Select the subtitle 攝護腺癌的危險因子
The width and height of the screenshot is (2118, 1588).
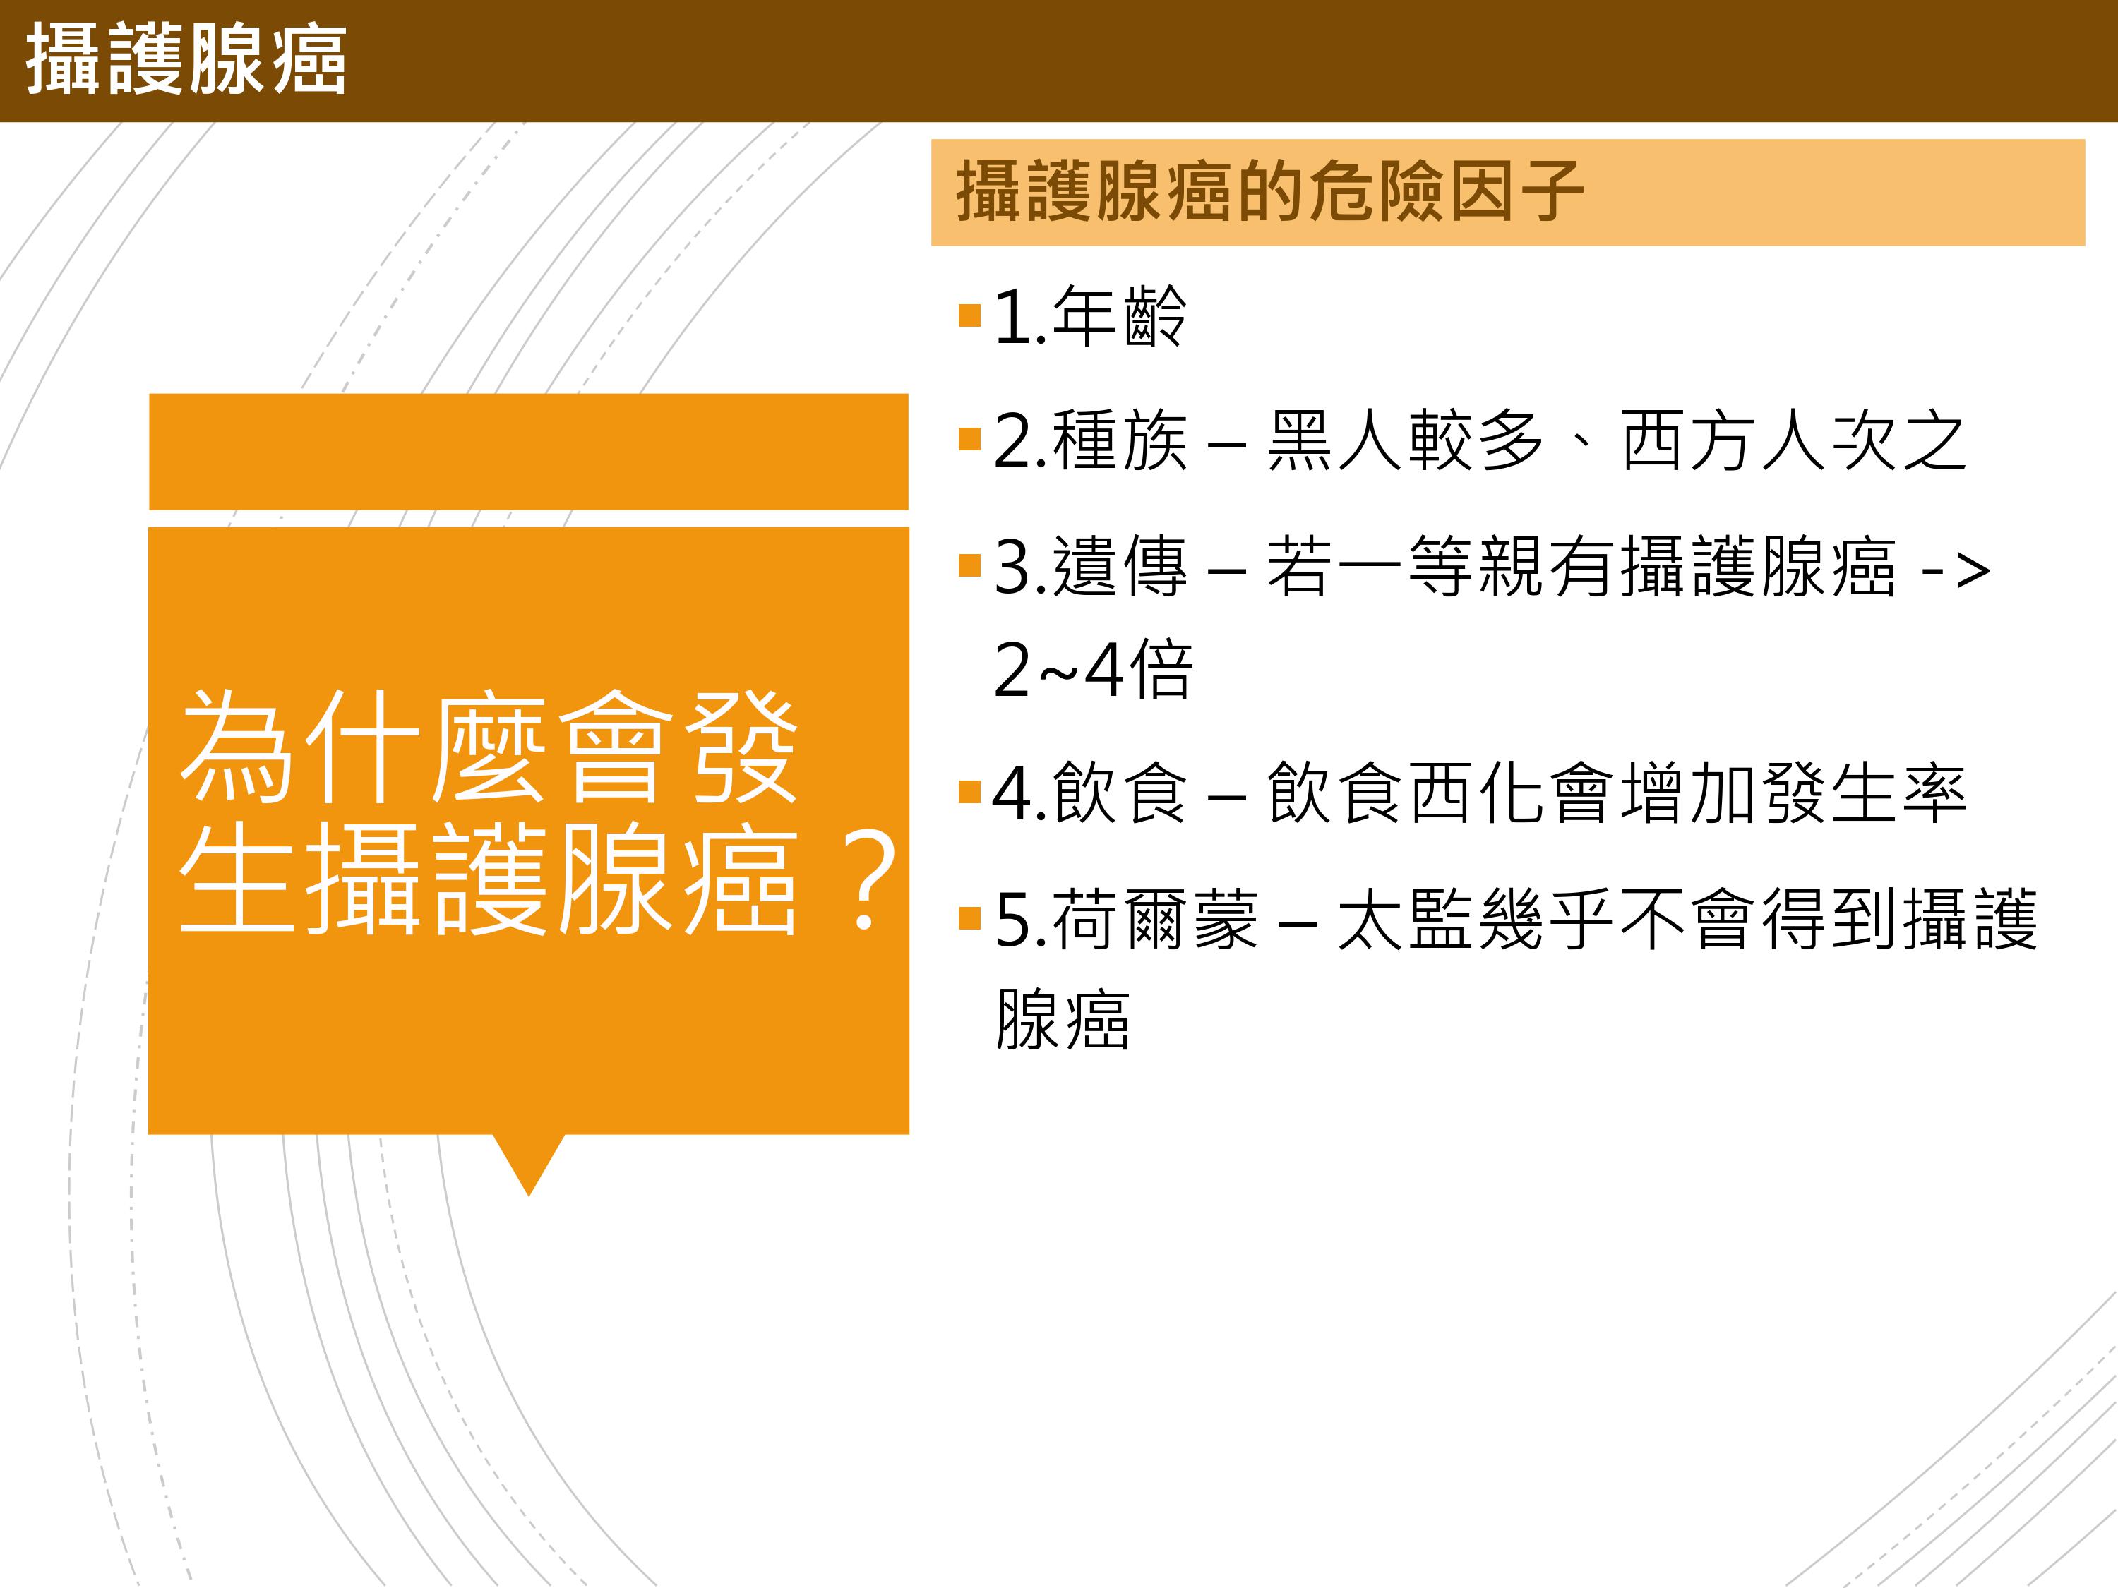pos(1269,191)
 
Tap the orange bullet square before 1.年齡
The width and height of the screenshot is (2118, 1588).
pos(970,315)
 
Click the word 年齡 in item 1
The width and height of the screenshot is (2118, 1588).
pos(1119,317)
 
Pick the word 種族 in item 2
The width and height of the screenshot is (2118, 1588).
pos(1119,441)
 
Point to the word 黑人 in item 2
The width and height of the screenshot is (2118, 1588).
pos(1336,441)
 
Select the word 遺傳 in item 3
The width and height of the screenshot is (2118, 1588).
pos(1119,567)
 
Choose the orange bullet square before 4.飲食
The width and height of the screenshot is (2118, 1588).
pos(970,792)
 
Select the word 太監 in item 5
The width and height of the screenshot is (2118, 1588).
pos(1406,920)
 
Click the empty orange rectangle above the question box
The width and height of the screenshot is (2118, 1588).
pos(529,451)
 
